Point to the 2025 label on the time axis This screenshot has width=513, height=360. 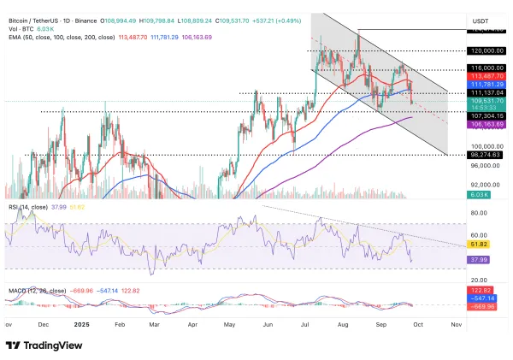(x=83, y=325)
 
